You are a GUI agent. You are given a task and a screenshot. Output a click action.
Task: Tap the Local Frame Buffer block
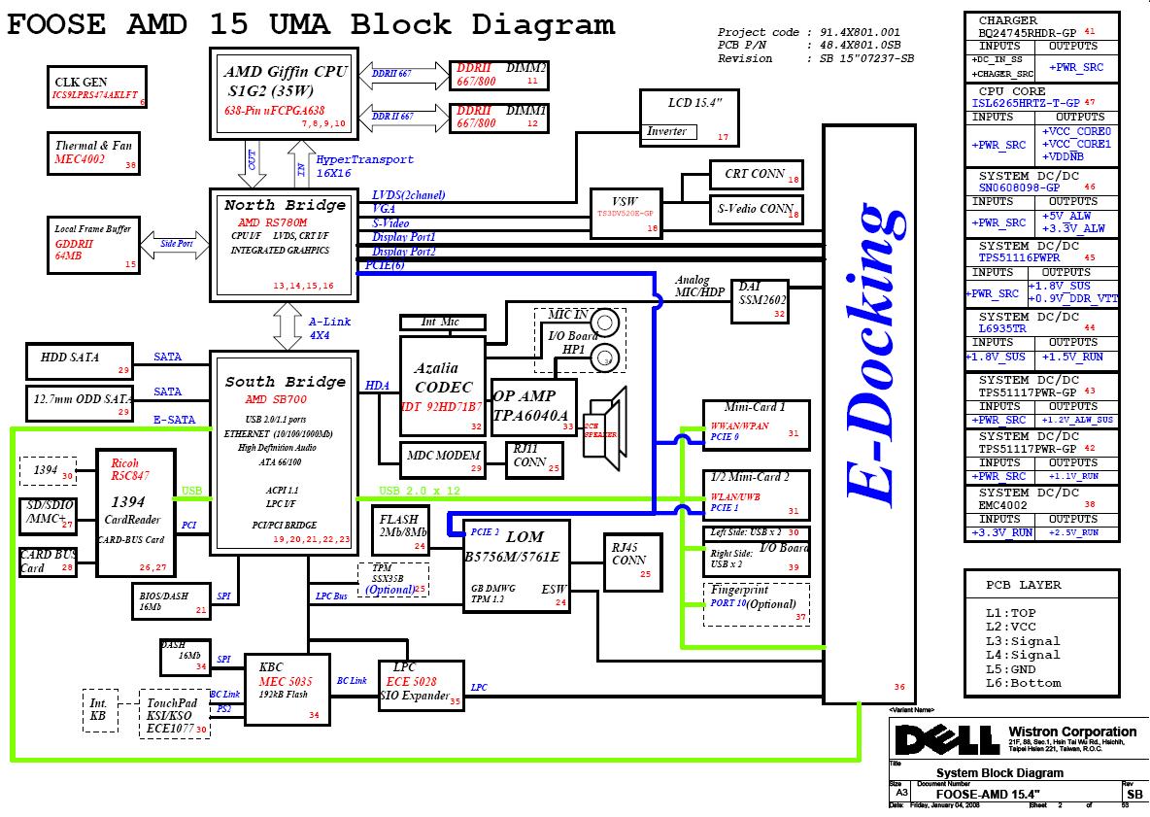coord(94,244)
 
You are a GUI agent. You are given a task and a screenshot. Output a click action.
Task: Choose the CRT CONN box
coord(756,175)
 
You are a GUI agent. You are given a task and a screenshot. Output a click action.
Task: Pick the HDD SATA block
coord(79,360)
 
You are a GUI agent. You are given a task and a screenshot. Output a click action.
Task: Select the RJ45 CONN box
coord(629,562)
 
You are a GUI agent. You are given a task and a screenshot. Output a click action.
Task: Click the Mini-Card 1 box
coord(756,424)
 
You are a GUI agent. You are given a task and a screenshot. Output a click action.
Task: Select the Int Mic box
coord(442,322)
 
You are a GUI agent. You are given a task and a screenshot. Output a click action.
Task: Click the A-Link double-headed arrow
coord(288,324)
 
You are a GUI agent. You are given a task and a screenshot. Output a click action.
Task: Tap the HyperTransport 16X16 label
coord(364,166)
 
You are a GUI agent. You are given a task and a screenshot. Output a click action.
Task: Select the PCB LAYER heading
coord(1023,585)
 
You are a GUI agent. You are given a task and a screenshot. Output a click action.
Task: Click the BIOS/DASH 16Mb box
coord(171,600)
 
